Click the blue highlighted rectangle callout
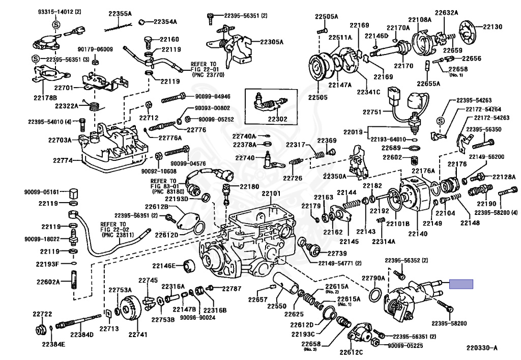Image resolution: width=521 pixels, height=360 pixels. point(461,284)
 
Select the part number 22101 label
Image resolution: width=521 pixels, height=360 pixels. point(271,194)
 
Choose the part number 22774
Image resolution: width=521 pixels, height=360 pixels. point(63,160)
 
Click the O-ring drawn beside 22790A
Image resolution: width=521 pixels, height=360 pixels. point(376,295)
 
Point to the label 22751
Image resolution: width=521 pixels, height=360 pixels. point(372,112)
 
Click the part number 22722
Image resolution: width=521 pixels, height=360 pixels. point(42,314)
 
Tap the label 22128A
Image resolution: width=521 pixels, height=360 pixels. point(503,177)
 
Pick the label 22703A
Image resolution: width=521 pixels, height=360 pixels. point(61,140)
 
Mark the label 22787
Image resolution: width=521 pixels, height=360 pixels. point(231,289)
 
